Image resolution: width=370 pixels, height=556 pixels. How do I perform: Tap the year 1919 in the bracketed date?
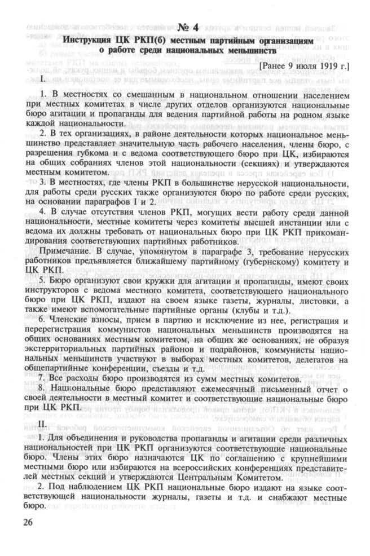(x=325, y=67)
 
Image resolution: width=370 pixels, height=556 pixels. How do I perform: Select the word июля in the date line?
(x=299, y=67)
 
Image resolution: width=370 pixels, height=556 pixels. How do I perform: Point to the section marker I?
(x=42, y=79)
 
